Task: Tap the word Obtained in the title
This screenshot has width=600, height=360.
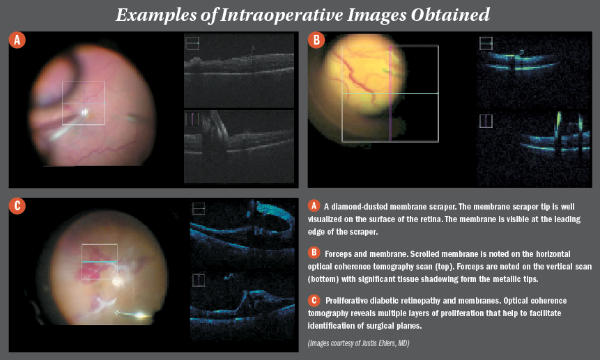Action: pos(447,14)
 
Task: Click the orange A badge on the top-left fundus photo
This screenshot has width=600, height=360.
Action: pos(17,40)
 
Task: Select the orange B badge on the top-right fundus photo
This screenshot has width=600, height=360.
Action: pos(316,40)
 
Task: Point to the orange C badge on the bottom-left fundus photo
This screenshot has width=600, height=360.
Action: pos(17,205)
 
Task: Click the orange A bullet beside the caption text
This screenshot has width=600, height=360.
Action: pos(314,205)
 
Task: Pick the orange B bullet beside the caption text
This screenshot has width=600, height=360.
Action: pos(314,251)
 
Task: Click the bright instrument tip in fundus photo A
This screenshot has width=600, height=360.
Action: pos(85,111)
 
